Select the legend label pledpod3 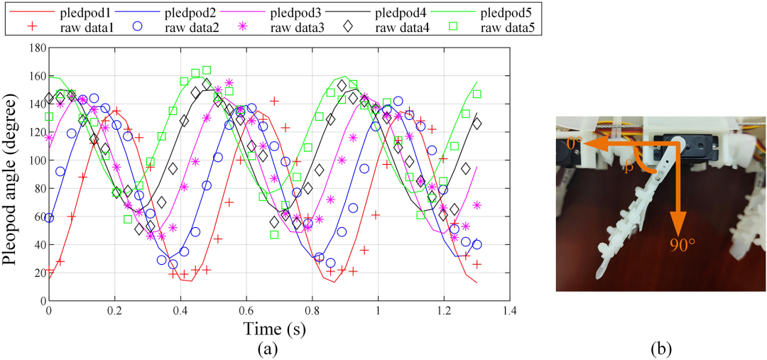[x=298, y=13]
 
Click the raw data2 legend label [x=192, y=28]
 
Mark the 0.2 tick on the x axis [x=114, y=312]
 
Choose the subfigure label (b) [x=660, y=348]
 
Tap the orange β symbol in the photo [x=628, y=168]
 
